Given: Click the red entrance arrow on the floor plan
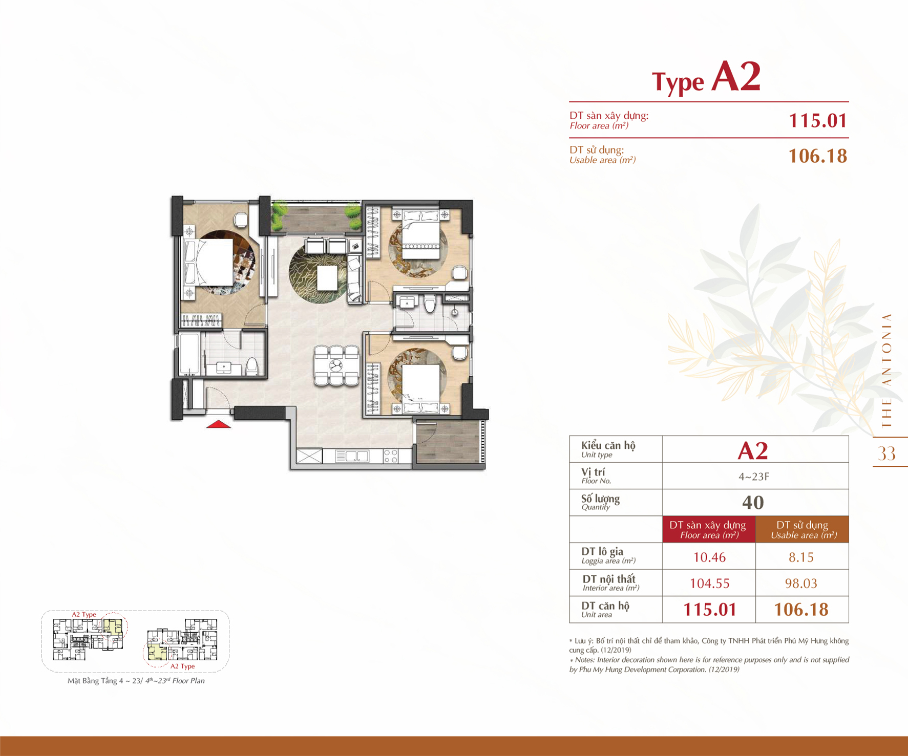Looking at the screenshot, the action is tap(219, 424).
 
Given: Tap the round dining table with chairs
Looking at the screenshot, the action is tap(336, 365).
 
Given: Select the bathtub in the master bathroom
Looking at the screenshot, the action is tap(189, 354).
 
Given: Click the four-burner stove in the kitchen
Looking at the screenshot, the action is tap(391, 456).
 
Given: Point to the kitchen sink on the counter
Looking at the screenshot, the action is tap(352, 456).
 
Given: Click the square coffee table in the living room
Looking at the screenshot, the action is tap(327, 278).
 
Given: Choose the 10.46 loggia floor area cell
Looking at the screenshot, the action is tap(709, 557).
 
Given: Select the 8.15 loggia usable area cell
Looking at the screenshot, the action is tap(801, 557).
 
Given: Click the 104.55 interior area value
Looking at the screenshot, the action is tap(709, 583).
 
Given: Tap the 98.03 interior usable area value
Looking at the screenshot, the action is tap(801, 583).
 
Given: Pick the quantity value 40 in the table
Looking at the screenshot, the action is tap(753, 503).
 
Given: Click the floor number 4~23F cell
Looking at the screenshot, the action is tap(753, 477).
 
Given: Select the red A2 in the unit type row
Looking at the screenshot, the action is tap(753, 450).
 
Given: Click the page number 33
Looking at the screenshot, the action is tap(886, 453).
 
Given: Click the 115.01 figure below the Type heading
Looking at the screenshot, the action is tap(818, 121).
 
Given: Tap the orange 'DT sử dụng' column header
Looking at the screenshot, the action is tap(802, 530).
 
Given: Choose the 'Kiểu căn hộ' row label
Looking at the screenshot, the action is tap(608, 445).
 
